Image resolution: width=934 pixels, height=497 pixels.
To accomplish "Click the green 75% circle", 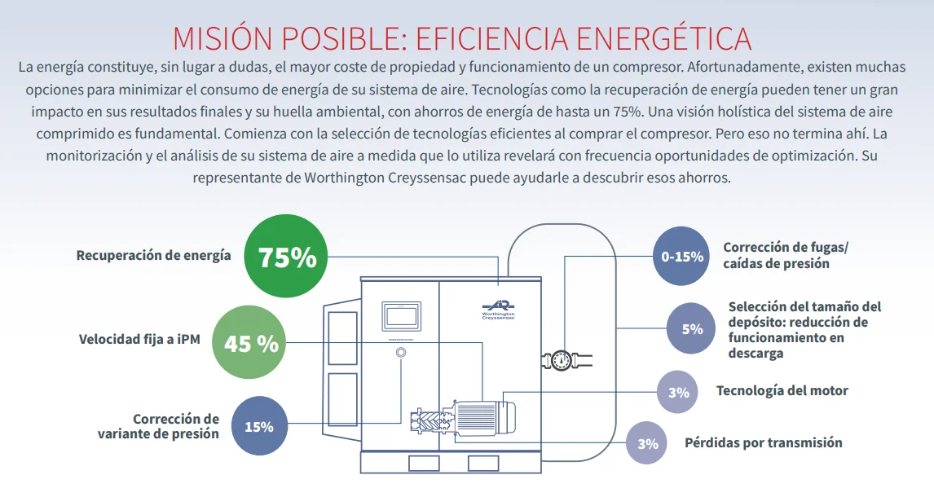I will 287,257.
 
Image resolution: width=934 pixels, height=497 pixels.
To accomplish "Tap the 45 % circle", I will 251,343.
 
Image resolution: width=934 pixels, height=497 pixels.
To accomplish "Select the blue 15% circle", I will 259,426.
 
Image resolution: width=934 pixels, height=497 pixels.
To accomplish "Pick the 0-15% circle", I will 682,257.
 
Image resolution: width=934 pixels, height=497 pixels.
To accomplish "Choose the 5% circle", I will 692,329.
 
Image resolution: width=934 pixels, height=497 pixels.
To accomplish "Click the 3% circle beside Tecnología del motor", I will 679,393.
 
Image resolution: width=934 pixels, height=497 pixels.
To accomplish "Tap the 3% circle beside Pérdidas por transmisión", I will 648,444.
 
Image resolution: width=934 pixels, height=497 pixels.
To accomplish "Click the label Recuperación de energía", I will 153,255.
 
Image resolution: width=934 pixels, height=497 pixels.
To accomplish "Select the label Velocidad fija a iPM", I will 139,339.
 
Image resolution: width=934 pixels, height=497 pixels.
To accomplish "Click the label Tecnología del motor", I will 782,390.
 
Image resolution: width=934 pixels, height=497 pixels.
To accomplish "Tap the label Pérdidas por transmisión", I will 763,442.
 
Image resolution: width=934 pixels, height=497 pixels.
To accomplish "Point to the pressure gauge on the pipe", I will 562,359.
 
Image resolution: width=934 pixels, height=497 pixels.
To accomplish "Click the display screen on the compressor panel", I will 400,316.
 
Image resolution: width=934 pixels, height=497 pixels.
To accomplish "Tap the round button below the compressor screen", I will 400,353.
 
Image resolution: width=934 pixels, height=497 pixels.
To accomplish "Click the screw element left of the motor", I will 430,416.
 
